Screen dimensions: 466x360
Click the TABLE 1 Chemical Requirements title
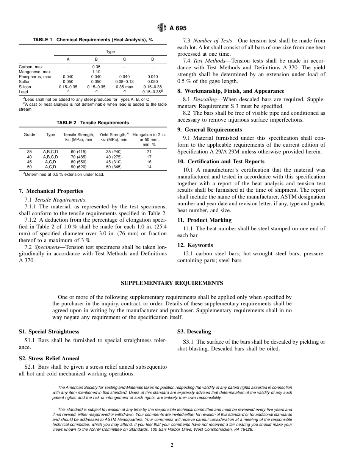93,40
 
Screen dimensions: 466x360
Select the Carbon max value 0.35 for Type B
96,67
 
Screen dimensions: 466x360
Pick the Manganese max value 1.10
96,72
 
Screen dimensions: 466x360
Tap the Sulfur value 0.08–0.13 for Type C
124,81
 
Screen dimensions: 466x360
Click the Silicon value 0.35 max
124,87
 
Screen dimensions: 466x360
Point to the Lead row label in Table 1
23,92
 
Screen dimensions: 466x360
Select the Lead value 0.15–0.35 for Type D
152,92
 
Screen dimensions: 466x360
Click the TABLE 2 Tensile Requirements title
93,123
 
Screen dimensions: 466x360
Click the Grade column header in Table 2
30,134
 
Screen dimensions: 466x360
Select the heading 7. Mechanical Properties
51,191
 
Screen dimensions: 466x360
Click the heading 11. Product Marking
204,220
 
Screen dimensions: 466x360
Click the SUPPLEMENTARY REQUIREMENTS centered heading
172,283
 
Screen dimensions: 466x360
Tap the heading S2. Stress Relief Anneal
49,358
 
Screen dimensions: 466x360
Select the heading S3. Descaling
194,332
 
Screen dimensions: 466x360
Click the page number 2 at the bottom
172,445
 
